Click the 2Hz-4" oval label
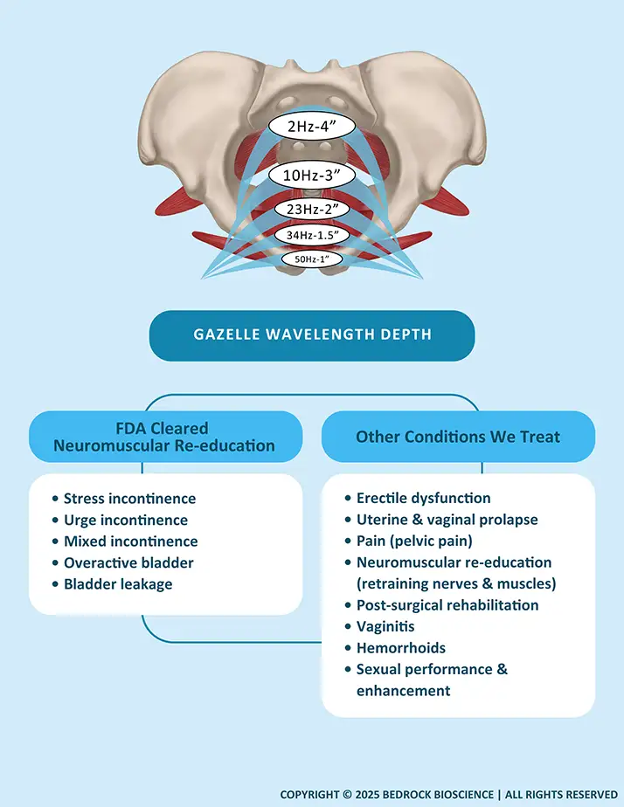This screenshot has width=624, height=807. [x=312, y=127]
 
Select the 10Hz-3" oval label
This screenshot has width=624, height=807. [x=312, y=175]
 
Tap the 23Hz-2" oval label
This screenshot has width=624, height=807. [x=312, y=210]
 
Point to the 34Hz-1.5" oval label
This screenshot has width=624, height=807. [x=312, y=235]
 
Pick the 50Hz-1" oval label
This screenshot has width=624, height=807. [x=312, y=259]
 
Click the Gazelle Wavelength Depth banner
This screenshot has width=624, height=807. [x=312, y=335]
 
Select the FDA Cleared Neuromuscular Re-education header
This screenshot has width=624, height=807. [x=164, y=437]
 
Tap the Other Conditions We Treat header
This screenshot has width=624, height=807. [x=458, y=437]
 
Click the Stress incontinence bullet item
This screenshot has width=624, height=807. [x=129, y=499]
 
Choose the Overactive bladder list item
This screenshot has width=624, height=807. [x=128, y=562]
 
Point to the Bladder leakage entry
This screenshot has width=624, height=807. [x=118, y=584]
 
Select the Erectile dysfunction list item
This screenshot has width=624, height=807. [x=423, y=498]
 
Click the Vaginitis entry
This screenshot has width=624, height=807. [x=385, y=626]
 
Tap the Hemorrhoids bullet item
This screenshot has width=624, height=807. [x=400, y=648]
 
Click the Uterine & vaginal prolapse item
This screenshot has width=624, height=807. [x=447, y=520]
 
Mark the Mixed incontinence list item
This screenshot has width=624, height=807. [x=130, y=541]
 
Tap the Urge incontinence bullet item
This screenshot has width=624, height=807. [x=124, y=520]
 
